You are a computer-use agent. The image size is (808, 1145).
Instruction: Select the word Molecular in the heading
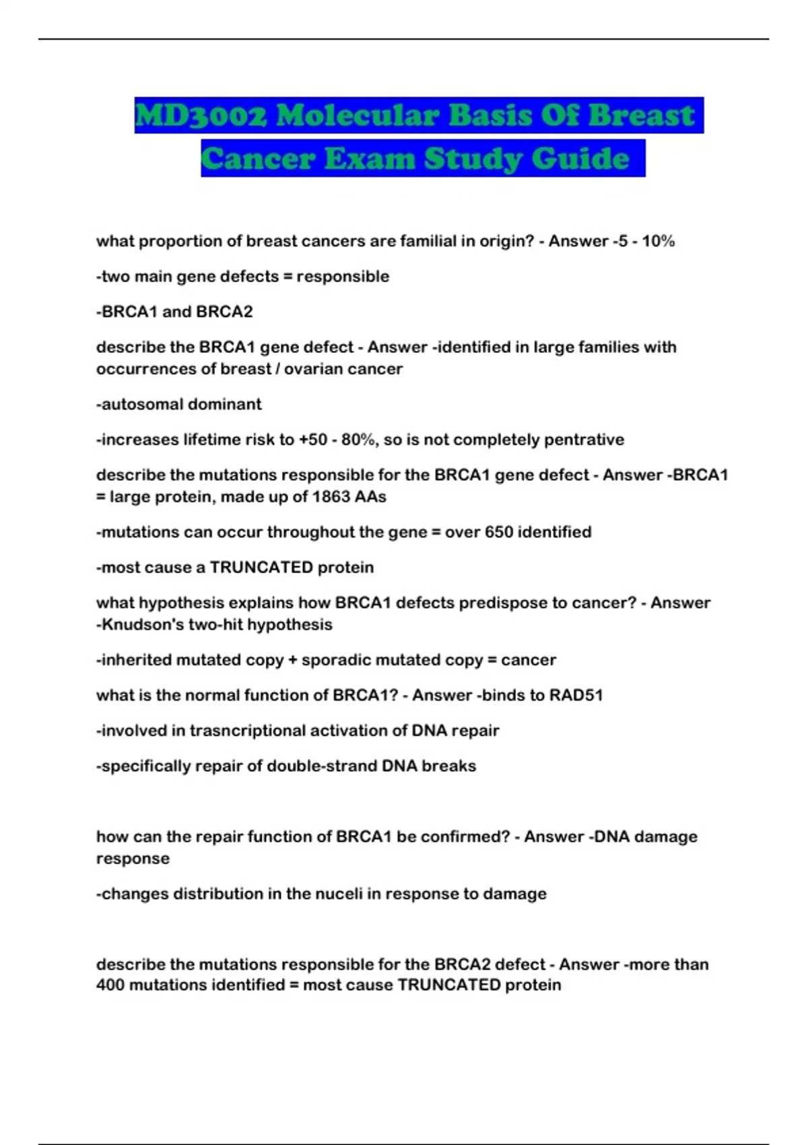(x=358, y=115)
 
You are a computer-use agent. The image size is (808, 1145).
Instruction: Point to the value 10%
(x=658, y=241)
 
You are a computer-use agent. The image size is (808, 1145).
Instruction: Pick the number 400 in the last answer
(x=110, y=985)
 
